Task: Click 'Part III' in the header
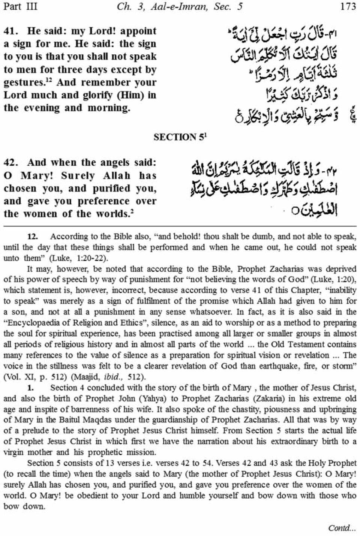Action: point(20,7)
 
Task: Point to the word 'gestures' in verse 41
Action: point(22,82)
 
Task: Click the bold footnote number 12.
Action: point(33,237)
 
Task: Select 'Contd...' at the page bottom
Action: point(342,528)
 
